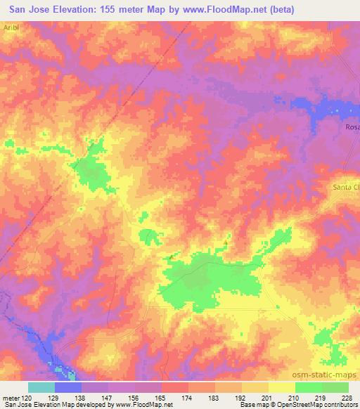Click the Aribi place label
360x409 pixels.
(10, 25)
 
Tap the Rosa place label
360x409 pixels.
(352, 127)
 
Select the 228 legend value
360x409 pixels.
(347, 397)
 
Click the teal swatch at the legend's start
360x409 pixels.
(41, 387)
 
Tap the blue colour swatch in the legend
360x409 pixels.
(68, 387)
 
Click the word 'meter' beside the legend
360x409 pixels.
(11, 397)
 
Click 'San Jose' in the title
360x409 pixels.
(26, 9)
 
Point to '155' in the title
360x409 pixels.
(131, 9)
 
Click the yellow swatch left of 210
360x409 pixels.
(282, 387)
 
